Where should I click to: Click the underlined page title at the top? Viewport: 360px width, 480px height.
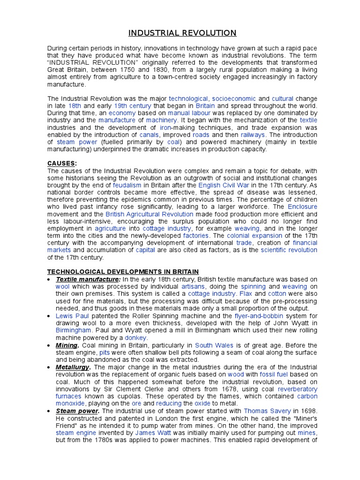183,33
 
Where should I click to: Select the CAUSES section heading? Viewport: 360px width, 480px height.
61,163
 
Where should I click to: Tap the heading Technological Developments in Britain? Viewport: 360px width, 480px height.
123,272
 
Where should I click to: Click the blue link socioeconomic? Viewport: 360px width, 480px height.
234,99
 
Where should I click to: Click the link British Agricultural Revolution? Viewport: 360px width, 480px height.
150,214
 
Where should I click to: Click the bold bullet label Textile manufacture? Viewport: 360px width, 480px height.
89,279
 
